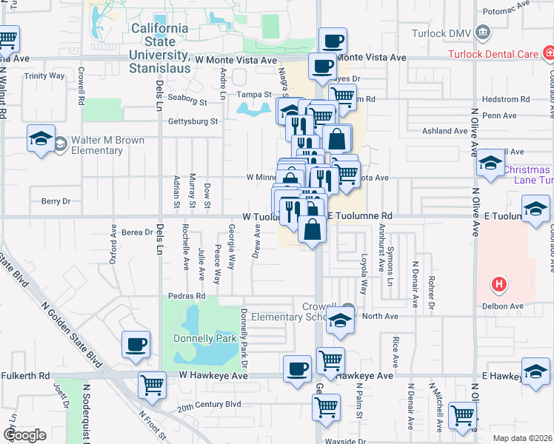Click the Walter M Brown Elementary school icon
41,138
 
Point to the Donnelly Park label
204,339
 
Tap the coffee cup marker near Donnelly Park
136,344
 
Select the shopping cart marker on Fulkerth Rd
151,384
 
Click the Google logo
24,435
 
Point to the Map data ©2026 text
521,438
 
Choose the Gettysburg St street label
194,121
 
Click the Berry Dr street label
56,201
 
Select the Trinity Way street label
44,76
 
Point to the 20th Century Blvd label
209,405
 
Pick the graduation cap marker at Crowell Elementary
340,320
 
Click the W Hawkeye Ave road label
213,376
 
